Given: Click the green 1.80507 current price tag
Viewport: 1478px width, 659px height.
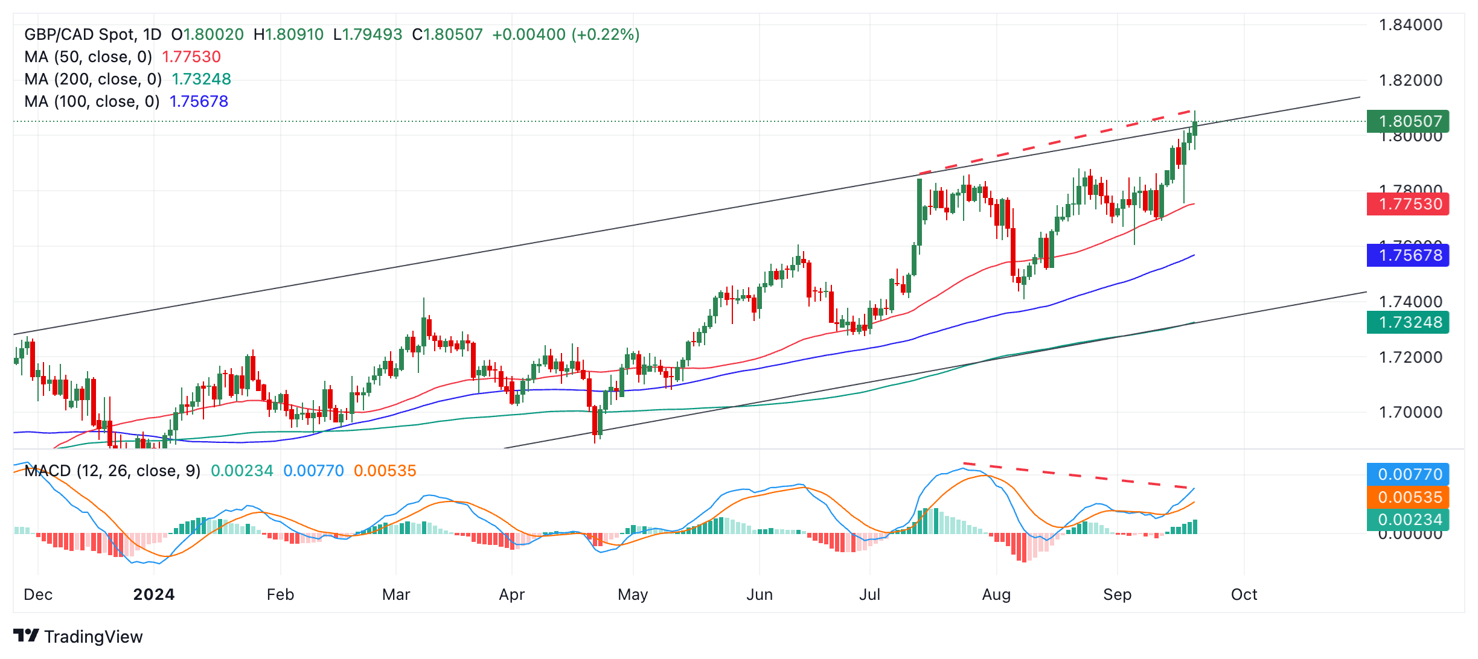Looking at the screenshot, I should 1407,121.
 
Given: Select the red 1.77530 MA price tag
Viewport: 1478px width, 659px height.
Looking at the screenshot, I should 1407,204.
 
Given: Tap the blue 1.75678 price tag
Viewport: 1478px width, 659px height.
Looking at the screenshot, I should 1407,255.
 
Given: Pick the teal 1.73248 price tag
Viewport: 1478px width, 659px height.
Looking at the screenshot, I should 1407,322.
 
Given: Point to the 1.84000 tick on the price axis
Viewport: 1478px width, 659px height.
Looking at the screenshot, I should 1410,25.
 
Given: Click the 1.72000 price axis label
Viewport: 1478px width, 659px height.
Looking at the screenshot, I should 1410,357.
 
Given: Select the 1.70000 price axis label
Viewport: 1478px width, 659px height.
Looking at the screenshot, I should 1410,412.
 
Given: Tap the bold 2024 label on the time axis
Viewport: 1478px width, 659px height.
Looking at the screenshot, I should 154,594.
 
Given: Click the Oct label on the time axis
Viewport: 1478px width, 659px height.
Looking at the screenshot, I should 1244,594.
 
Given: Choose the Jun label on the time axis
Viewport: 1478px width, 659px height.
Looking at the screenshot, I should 759,594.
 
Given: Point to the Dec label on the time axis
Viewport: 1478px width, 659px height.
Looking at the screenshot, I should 38,594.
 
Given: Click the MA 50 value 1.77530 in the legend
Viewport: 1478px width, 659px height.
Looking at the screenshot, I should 191,57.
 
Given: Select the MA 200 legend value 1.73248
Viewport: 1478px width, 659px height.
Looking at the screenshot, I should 201,79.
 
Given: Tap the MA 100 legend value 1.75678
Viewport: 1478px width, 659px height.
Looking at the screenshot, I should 199,101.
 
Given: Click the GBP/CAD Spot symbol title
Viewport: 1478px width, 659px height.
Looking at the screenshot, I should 92,34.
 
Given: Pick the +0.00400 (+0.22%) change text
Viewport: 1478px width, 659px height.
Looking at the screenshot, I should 566,34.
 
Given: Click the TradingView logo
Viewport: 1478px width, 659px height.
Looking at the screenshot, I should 78,636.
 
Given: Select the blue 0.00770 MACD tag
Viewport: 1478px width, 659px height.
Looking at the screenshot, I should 1407,474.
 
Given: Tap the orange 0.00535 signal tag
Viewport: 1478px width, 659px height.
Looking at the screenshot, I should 1407,497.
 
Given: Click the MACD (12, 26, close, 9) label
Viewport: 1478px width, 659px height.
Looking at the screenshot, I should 112,471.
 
